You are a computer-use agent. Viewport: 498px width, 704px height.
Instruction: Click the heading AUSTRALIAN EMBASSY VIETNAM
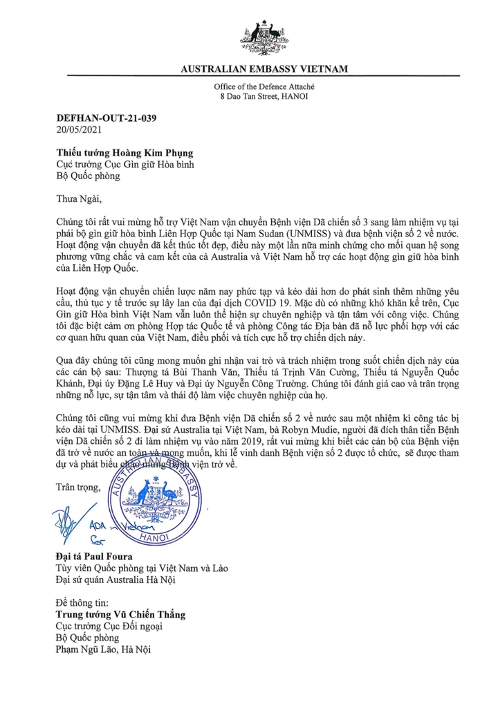[x=264, y=69]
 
